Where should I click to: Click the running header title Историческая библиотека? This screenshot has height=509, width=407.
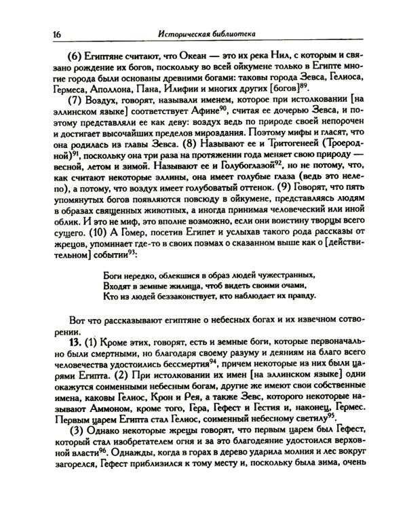pyautogui.click(x=206, y=33)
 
